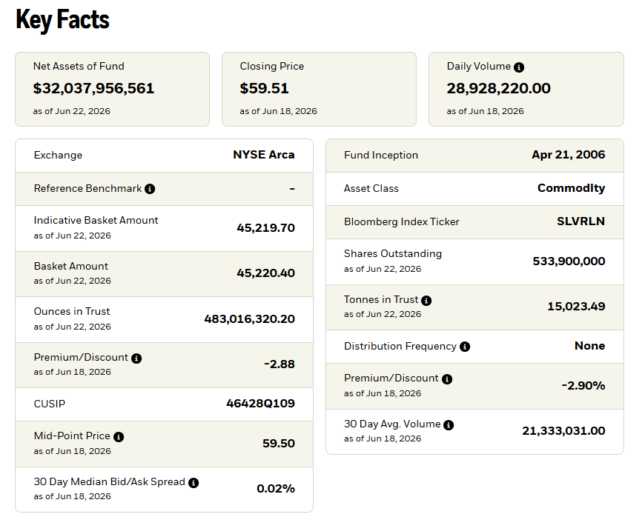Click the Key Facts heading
click(x=63, y=20)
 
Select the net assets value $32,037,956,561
click(x=93, y=88)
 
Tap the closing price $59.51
click(x=264, y=88)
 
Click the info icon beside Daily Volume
click(x=519, y=67)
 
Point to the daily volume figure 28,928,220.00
click(x=499, y=88)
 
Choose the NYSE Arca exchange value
click(x=264, y=155)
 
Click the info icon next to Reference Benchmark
click(x=150, y=189)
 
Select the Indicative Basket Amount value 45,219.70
click(x=265, y=228)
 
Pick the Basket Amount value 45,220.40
click(x=265, y=273)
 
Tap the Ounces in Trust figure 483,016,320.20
click(x=249, y=318)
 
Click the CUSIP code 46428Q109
click(x=260, y=403)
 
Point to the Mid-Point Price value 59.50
click(x=279, y=444)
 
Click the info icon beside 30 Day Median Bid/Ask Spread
click(x=193, y=483)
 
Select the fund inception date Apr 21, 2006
click(x=569, y=155)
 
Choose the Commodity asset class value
click(x=571, y=188)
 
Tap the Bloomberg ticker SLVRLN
click(x=580, y=221)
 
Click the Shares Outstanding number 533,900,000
click(x=569, y=261)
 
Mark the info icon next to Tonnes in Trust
click(x=426, y=301)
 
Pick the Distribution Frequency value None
click(x=589, y=346)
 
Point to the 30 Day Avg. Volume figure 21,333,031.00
click(x=563, y=430)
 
